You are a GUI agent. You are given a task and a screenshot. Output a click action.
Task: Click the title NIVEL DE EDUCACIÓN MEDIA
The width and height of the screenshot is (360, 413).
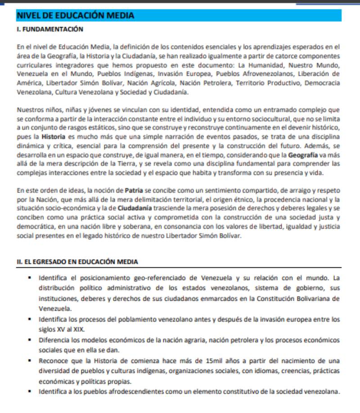[x=75, y=16]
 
